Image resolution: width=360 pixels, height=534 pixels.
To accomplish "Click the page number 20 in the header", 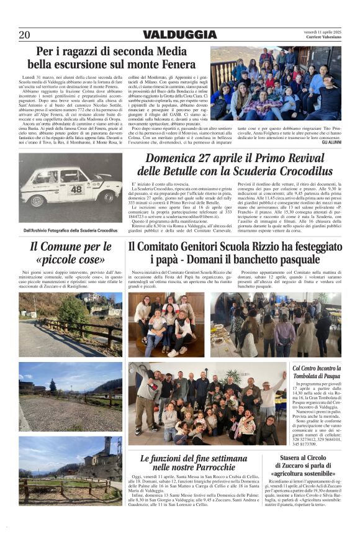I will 24,35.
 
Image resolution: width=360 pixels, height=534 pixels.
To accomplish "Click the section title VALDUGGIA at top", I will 179,35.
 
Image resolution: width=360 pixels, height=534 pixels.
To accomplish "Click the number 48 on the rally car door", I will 76,189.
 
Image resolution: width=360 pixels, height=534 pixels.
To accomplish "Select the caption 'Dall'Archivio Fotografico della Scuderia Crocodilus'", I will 71,230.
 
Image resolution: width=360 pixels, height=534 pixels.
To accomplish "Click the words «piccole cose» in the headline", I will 71,260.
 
